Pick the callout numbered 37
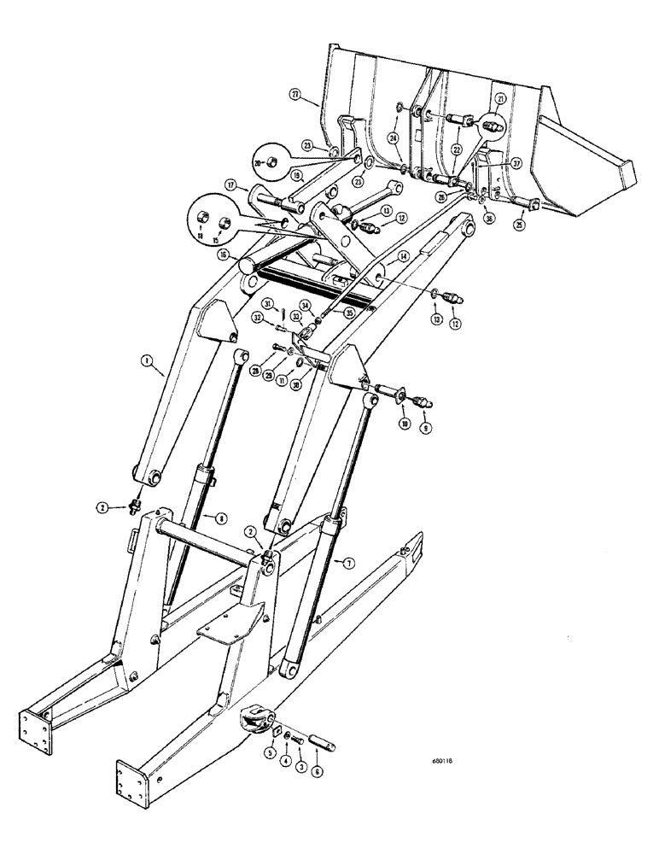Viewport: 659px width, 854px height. [x=516, y=164]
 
